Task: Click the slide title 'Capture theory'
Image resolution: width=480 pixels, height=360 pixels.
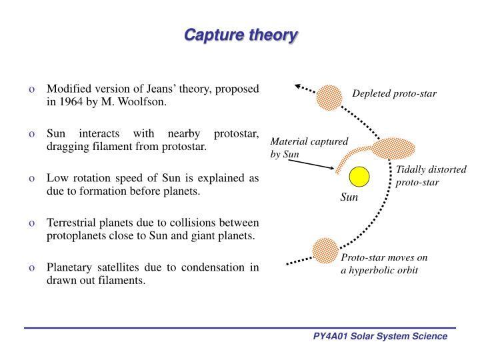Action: pos(240,34)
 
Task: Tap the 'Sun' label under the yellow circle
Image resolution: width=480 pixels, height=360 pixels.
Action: pos(349,198)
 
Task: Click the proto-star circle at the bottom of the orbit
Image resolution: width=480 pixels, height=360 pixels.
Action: pos(325,249)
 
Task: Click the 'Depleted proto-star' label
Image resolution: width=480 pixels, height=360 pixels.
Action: pos(394,93)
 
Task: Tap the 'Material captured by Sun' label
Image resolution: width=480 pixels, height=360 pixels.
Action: pos(304,147)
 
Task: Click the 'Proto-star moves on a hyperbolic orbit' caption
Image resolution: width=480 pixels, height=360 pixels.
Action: pos(383,264)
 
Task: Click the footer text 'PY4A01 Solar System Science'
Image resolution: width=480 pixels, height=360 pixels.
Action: pos(380,337)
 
